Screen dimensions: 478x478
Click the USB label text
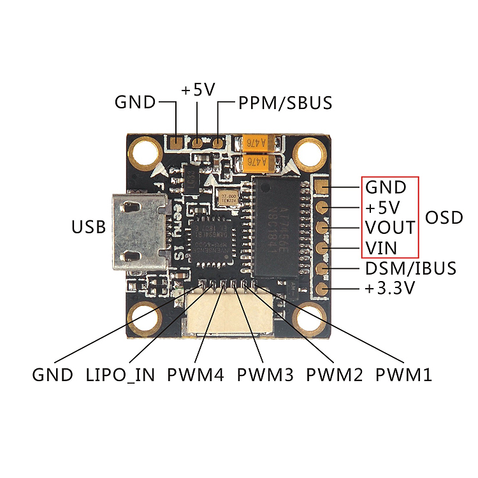[88, 226]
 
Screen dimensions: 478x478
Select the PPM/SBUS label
[286, 103]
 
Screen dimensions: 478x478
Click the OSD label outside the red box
[444, 217]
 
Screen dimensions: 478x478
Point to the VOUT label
[390, 228]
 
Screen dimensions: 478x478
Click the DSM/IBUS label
[410, 268]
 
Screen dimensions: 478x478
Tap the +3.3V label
[390, 288]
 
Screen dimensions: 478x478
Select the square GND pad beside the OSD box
[321, 187]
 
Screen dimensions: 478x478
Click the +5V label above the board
[198, 91]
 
